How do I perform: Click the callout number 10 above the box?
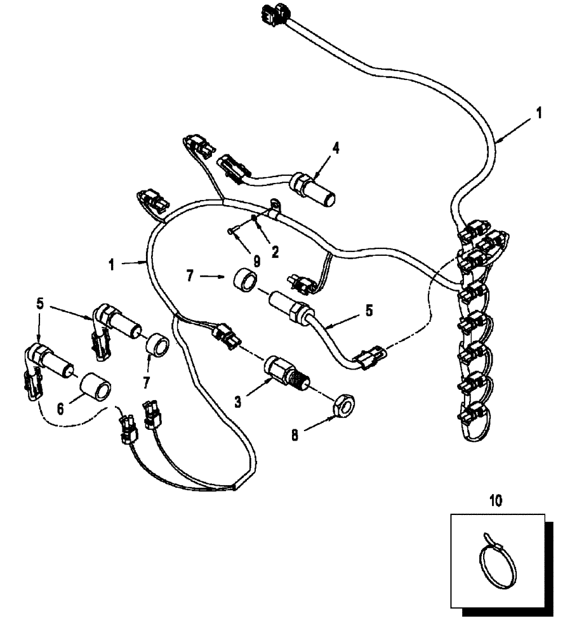pos(496,501)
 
